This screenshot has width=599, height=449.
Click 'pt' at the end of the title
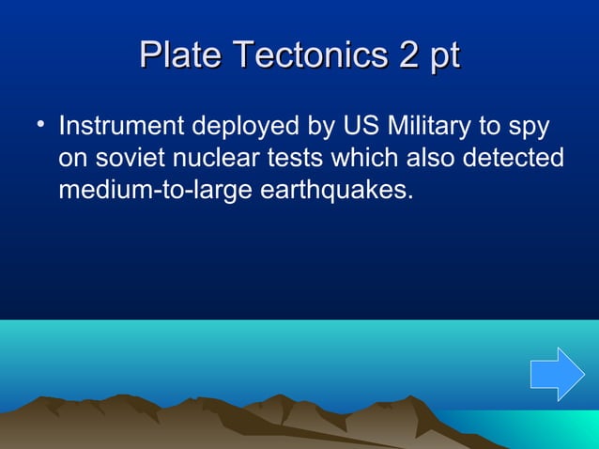tap(444, 57)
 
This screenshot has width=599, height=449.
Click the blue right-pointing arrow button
tap(557, 374)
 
